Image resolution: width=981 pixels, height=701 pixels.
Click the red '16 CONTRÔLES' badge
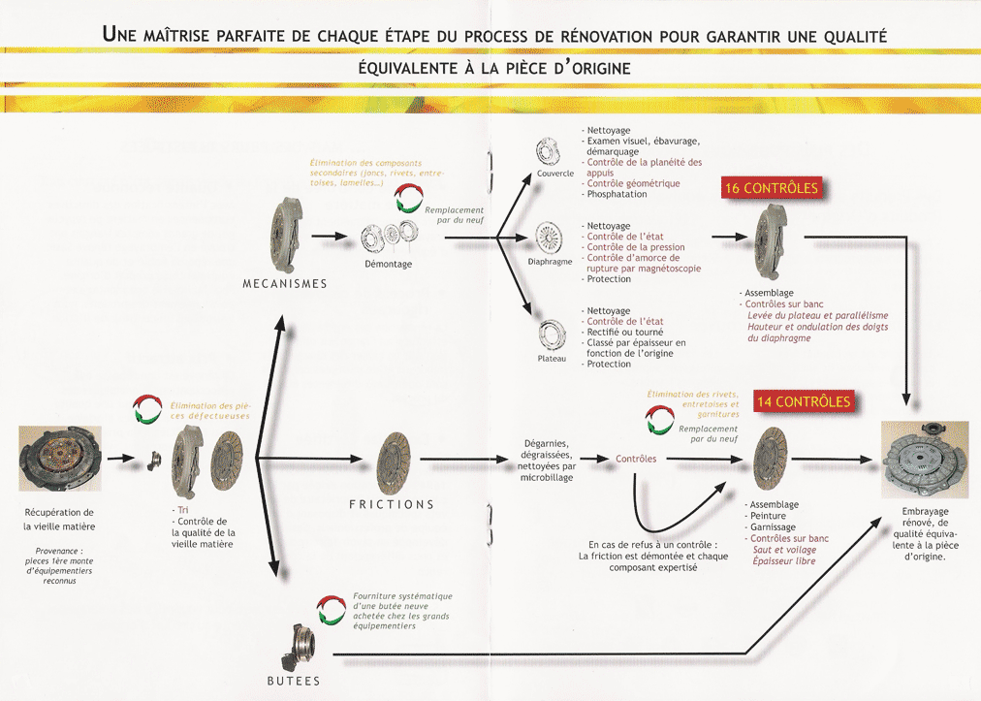[x=771, y=188]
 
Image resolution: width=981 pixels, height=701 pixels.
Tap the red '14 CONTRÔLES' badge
[x=804, y=401]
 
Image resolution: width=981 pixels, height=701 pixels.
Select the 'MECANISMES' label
[x=285, y=283]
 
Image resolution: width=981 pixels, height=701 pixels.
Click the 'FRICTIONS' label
[x=392, y=504]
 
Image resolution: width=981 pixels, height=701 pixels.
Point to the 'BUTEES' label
[x=294, y=681]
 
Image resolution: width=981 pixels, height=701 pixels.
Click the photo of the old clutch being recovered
[x=60, y=459]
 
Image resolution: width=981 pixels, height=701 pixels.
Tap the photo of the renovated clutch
[x=924, y=460]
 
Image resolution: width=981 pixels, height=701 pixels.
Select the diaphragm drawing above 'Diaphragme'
[x=548, y=238]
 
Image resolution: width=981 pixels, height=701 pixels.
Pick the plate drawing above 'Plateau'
[x=552, y=335]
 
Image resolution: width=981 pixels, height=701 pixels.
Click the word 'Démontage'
[x=389, y=264]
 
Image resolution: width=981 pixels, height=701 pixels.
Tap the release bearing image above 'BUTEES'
[x=296, y=647]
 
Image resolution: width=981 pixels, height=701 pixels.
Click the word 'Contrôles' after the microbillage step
[x=636, y=459]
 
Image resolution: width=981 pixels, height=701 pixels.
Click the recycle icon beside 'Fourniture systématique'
[x=332, y=610]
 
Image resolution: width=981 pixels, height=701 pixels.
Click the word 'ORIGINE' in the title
[x=601, y=68]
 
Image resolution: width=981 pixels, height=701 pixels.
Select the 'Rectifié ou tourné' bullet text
[x=622, y=333]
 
